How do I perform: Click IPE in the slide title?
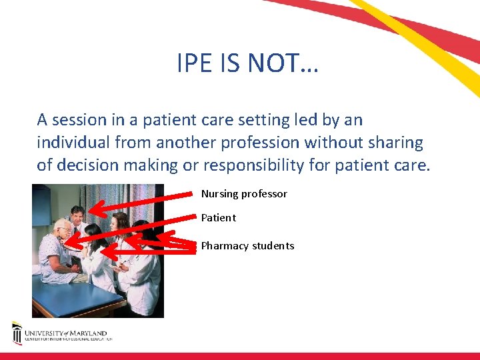pos(195,63)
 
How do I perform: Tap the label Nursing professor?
pos(244,194)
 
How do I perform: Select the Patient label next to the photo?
pos(219,218)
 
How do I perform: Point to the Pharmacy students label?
pos(247,246)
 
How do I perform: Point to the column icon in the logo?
pos(17,333)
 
